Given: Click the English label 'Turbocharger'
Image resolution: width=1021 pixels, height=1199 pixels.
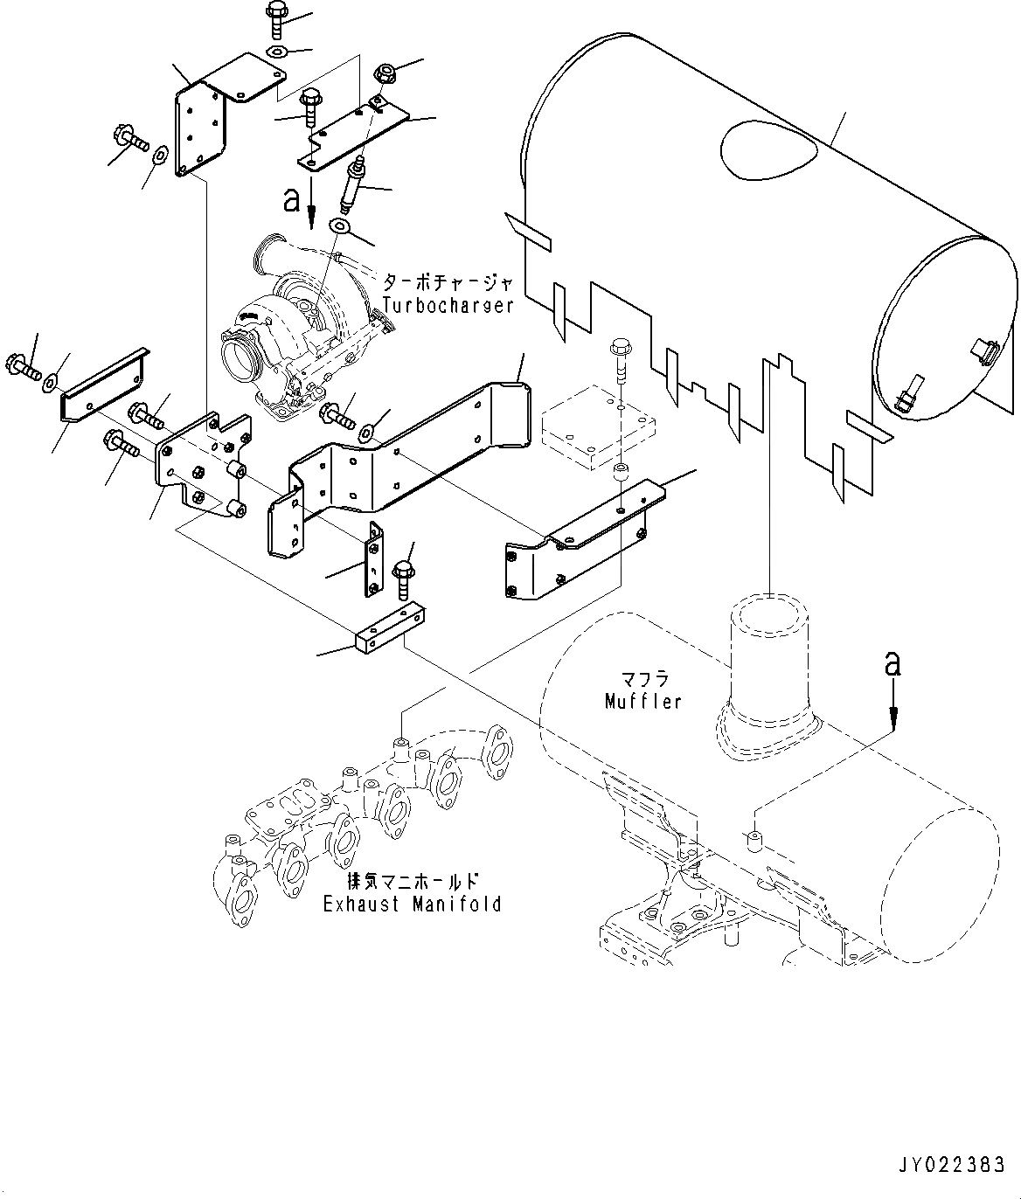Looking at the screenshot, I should coord(448,305).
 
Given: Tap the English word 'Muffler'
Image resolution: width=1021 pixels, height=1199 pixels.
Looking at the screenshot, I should coord(642,701).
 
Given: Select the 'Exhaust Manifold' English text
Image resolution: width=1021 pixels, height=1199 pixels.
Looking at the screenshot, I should coord(413,904).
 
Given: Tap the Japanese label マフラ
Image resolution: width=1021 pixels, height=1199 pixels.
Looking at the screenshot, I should coord(644,678).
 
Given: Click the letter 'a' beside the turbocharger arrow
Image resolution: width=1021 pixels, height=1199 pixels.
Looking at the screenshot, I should coord(291,201).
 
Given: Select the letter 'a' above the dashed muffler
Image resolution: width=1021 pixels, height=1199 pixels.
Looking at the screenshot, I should coord(893,665).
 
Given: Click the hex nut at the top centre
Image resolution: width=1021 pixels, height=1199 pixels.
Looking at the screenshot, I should coord(384,75).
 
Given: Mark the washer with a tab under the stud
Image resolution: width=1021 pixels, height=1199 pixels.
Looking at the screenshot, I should coord(340,228).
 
